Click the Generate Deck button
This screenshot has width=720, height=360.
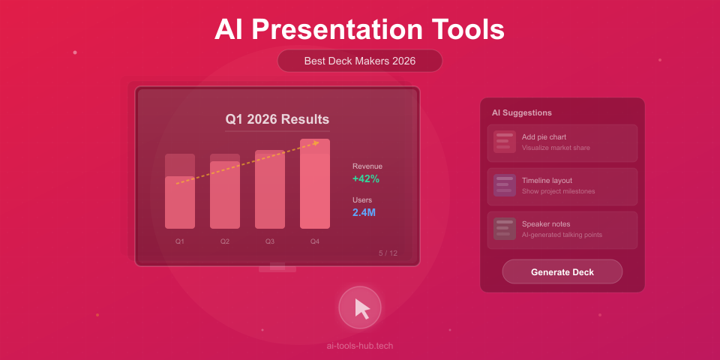(562, 271)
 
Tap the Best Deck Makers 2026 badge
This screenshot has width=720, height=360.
(359, 61)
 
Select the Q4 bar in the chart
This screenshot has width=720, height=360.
(314, 184)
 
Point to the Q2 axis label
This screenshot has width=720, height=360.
(224, 241)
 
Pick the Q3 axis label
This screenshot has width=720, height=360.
(269, 241)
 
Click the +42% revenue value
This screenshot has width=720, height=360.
(366, 178)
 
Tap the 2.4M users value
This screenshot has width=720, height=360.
(364, 212)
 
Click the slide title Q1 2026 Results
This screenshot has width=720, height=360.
(277, 119)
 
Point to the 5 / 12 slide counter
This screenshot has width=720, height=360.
(388, 253)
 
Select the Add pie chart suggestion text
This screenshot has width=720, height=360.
(544, 137)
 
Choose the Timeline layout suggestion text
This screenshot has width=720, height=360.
(547, 181)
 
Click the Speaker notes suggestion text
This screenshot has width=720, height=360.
(546, 224)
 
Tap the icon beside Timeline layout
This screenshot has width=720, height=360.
(504, 184)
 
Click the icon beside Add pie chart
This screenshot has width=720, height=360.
(504, 141)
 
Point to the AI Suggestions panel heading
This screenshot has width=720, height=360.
(521, 112)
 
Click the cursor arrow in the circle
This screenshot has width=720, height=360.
(361, 308)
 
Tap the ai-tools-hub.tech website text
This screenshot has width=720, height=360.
(359, 346)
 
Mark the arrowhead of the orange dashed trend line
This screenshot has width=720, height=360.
(317, 142)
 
